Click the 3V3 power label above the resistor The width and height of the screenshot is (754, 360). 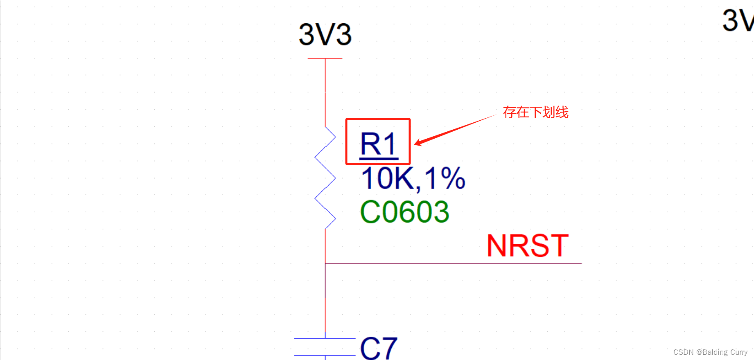[x=325, y=34]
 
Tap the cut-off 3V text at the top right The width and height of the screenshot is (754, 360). [x=737, y=20]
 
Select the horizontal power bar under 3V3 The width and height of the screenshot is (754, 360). [x=325, y=59]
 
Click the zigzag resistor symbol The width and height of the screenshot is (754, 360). [x=325, y=178]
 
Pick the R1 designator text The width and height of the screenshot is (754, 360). [x=378, y=144]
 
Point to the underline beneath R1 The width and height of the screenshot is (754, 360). [x=379, y=158]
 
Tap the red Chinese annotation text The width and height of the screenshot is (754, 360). [x=535, y=112]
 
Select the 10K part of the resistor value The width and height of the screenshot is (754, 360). [x=387, y=178]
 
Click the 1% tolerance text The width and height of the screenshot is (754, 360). [x=445, y=178]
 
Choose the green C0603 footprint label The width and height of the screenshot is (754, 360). [x=404, y=212]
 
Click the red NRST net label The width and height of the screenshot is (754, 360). [x=528, y=246]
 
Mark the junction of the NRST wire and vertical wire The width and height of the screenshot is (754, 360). [x=325, y=263]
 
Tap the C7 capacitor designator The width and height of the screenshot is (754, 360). [x=379, y=348]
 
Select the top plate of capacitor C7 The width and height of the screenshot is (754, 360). [x=325, y=338]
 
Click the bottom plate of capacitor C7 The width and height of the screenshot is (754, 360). [x=325, y=355]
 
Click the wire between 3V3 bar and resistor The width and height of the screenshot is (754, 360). [x=325, y=92]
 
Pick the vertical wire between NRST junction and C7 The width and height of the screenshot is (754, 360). [x=325, y=301]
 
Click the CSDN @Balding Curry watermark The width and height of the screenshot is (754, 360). [x=710, y=352]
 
